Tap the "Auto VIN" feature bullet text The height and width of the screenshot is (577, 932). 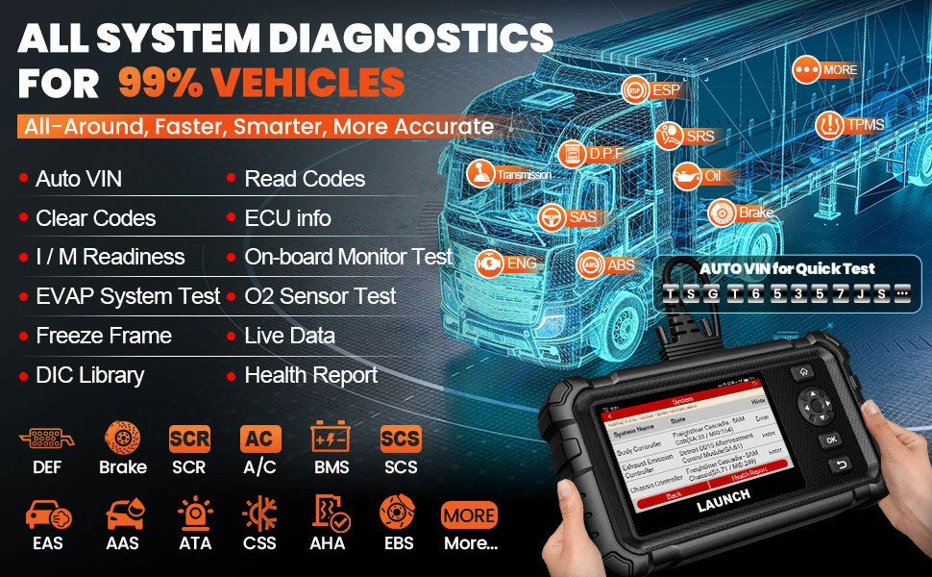click(x=78, y=179)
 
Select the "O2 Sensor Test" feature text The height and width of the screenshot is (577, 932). click(x=320, y=296)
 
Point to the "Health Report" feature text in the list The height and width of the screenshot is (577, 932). click(x=311, y=375)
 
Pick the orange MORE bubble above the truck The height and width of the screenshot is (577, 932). click(x=807, y=70)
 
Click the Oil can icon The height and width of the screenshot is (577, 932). click(x=687, y=177)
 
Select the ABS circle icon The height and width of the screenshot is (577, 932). click(x=591, y=264)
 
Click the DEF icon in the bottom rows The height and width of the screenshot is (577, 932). click(x=40, y=440)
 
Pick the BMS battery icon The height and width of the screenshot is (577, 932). click(x=331, y=440)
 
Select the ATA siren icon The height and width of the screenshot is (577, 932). click(x=195, y=514)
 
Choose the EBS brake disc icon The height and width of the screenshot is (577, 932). click(x=397, y=514)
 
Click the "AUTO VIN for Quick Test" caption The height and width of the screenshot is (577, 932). click(x=787, y=268)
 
